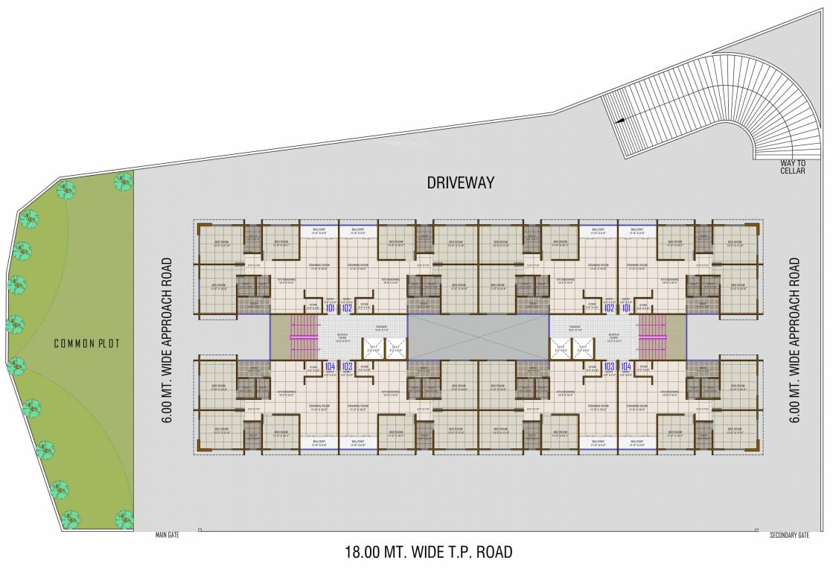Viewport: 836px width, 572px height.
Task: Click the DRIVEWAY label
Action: pos(460,182)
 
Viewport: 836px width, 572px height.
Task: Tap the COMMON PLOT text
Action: pos(86,343)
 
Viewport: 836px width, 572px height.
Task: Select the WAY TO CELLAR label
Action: pos(793,167)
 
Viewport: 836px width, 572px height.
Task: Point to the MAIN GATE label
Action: pos(167,535)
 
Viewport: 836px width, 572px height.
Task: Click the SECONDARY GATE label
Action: pos(789,535)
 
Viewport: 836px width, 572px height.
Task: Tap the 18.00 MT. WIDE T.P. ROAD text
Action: pos(428,553)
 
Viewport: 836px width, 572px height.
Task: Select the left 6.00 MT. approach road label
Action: pos(167,340)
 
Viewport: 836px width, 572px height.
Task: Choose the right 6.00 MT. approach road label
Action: pos(795,340)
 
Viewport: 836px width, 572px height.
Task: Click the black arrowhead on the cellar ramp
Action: pos(617,120)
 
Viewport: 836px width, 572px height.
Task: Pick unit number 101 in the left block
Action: pos(328,308)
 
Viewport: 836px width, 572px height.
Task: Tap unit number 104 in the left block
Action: pos(328,366)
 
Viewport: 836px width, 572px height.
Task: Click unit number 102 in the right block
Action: pos(609,308)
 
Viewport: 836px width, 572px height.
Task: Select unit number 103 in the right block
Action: pos(609,366)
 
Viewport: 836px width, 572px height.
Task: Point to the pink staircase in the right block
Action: pos(653,337)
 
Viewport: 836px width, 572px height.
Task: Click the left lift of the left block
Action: pos(373,349)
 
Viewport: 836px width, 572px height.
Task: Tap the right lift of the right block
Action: pos(582,349)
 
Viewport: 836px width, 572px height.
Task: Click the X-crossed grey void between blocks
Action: pos(478,337)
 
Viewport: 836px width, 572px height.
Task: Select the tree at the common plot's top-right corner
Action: pos(123,180)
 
